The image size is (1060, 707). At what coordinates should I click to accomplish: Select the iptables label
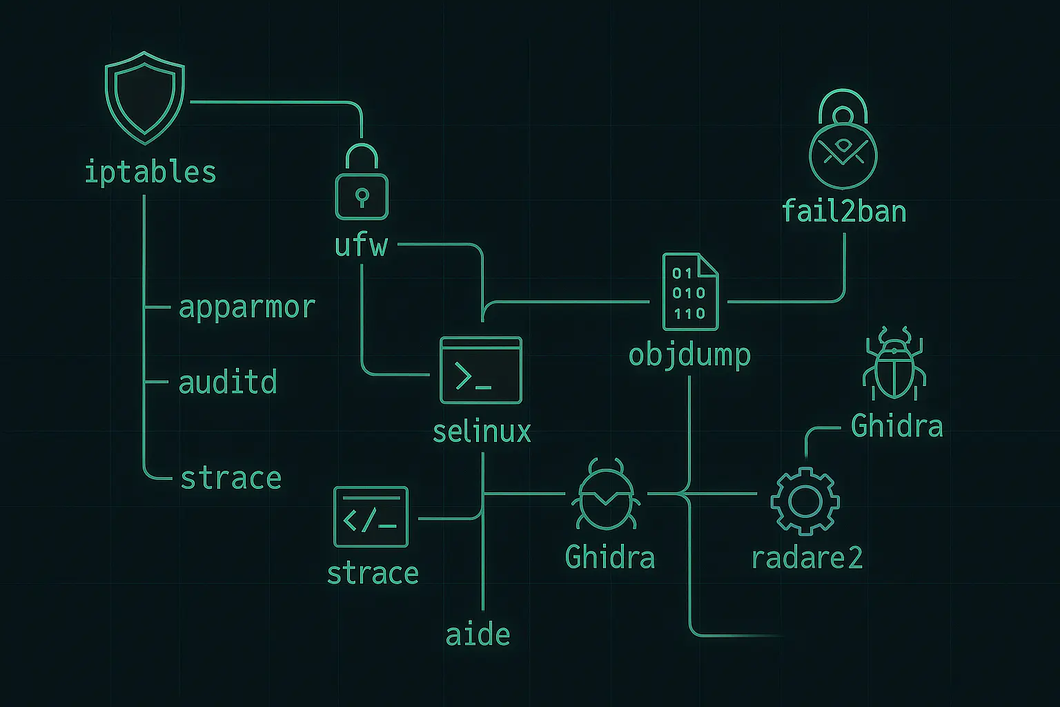[x=150, y=172]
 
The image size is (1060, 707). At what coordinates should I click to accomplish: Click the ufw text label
[x=361, y=246]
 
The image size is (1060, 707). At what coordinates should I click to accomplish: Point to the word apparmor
[x=247, y=307]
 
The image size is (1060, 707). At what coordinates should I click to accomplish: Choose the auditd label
[x=228, y=382]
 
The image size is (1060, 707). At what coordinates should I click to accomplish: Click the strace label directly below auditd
[x=231, y=478]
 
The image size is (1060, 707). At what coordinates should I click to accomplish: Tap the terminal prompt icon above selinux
[x=481, y=370]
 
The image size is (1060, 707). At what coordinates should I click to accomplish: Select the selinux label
[x=482, y=432]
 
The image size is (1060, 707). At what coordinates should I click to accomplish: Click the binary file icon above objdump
[x=689, y=292]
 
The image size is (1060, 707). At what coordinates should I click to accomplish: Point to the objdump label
[x=689, y=355]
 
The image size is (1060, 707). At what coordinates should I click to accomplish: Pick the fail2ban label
[x=844, y=211]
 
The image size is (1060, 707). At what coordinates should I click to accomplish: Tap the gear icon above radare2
[x=805, y=501]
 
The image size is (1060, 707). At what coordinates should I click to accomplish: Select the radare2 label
[x=807, y=558]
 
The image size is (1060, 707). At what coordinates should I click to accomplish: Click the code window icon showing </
[x=371, y=517]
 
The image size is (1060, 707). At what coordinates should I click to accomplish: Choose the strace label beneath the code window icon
[x=373, y=573]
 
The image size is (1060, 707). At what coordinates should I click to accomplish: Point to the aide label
[x=478, y=635]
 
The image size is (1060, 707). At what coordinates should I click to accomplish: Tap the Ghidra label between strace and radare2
[x=609, y=557]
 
